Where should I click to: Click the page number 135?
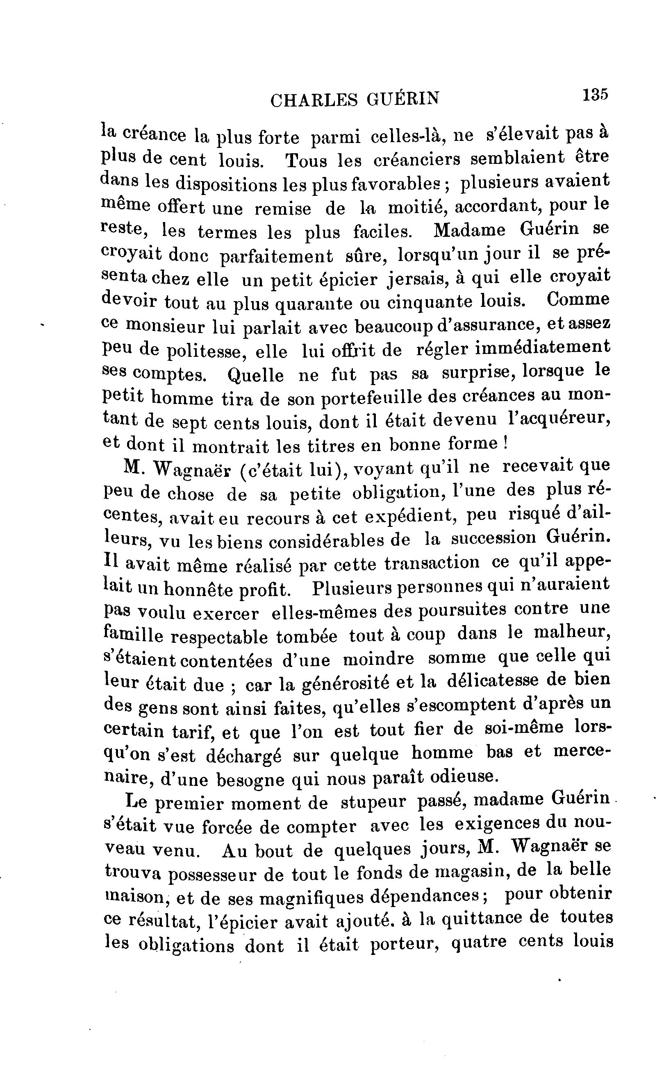[x=595, y=95]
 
